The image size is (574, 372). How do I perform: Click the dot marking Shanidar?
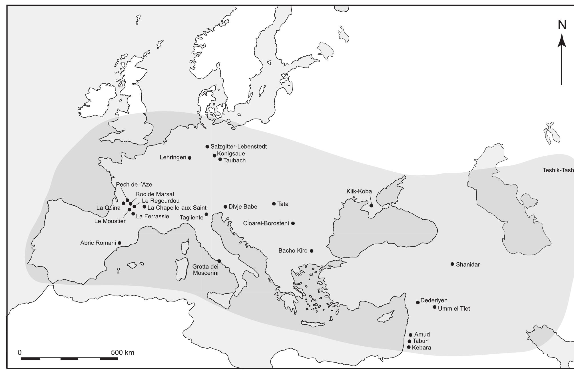click(452, 264)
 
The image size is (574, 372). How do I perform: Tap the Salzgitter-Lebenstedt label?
click(238, 147)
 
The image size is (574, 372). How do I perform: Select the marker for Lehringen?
click(190, 158)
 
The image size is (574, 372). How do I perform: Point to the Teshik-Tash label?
click(558, 170)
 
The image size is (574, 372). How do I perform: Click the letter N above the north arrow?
click(562, 25)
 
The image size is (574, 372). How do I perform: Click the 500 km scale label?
click(123, 352)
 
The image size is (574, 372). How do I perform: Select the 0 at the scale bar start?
click(20, 352)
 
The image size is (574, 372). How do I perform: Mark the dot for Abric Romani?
click(119, 243)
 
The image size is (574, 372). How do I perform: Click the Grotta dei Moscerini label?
click(205, 270)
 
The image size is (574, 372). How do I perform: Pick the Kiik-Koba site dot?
click(371, 205)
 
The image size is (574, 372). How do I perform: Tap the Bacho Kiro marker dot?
click(312, 251)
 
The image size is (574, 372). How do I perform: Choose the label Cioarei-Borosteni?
click(266, 223)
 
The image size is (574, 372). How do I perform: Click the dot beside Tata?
click(274, 204)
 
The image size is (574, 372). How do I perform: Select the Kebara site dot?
click(409, 347)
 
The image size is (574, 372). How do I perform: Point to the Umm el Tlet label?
click(453, 309)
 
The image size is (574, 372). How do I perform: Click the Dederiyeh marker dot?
click(418, 302)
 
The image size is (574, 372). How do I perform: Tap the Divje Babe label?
click(243, 207)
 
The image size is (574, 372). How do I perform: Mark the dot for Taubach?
click(220, 159)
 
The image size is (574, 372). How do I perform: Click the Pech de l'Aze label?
click(134, 185)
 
